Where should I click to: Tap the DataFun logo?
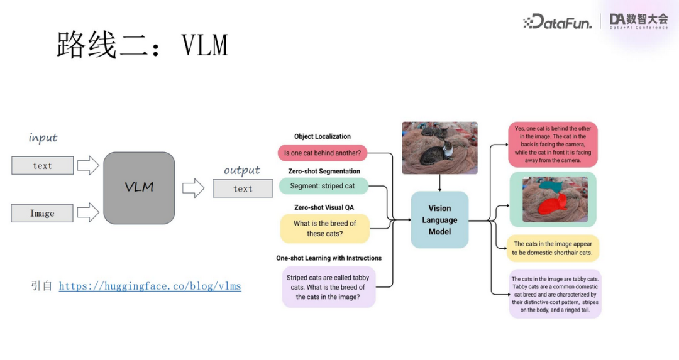(x=558, y=22)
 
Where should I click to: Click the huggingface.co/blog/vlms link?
(x=150, y=286)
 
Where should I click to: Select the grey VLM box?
(x=139, y=188)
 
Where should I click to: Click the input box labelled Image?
(x=42, y=213)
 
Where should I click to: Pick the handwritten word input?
(x=43, y=138)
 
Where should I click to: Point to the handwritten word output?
(x=242, y=170)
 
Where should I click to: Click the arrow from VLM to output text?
(x=194, y=188)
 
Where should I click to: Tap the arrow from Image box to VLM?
(x=88, y=212)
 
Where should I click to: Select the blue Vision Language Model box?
(x=439, y=220)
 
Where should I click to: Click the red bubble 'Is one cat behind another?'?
(x=323, y=153)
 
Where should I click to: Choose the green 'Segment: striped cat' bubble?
(x=323, y=186)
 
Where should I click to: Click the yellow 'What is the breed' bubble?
(x=324, y=229)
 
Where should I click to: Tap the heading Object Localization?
(x=323, y=136)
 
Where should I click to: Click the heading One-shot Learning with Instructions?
(x=329, y=258)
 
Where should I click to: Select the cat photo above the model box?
(x=439, y=147)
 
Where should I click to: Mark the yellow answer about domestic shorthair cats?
(x=553, y=248)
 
